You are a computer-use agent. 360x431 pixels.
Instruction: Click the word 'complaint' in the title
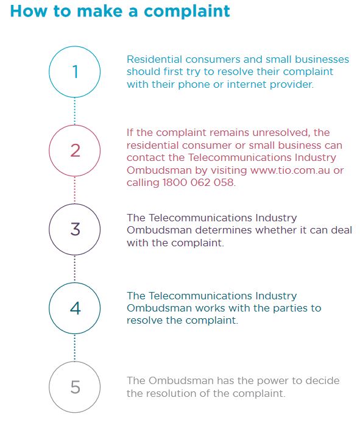point(187,12)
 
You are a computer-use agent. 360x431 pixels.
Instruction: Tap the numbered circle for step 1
point(75,46)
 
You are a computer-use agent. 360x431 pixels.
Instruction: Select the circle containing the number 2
point(75,125)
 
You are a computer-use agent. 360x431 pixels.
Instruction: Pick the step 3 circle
point(75,204)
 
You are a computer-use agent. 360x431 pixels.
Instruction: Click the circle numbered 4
point(75,283)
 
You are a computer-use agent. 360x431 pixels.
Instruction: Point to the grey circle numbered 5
point(75,362)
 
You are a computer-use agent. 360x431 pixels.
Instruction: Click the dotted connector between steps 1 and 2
point(75,112)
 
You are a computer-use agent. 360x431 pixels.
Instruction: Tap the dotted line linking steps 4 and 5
point(75,348)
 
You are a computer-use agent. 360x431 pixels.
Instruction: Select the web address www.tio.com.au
point(290,171)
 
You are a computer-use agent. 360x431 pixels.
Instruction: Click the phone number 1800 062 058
point(199,182)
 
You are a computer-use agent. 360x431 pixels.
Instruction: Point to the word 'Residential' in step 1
point(154,59)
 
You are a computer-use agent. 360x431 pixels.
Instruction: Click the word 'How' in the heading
point(29,11)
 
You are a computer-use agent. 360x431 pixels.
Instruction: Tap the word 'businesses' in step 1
point(322,59)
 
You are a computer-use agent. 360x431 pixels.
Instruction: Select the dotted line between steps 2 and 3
point(75,190)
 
